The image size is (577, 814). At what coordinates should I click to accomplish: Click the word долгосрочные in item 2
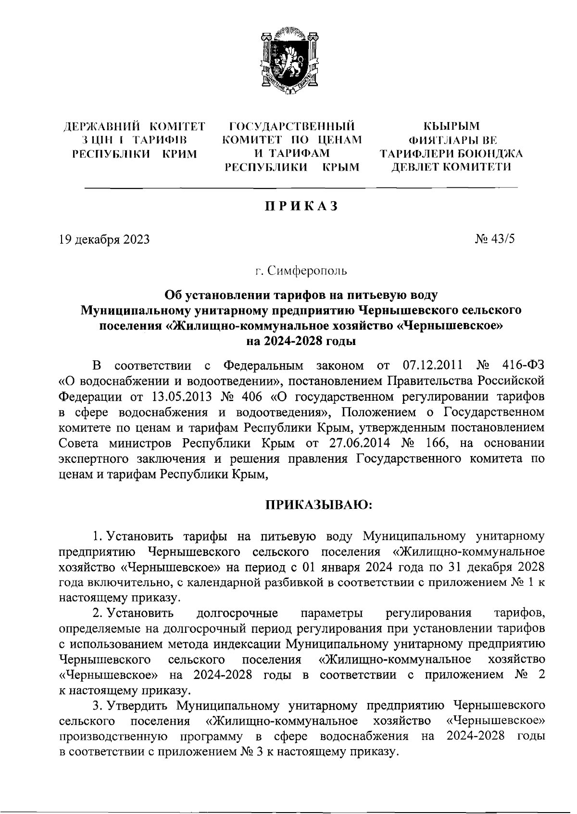pyautogui.click(x=238, y=613)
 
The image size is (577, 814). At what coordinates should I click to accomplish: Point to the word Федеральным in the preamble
pyautogui.click(x=263, y=366)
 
